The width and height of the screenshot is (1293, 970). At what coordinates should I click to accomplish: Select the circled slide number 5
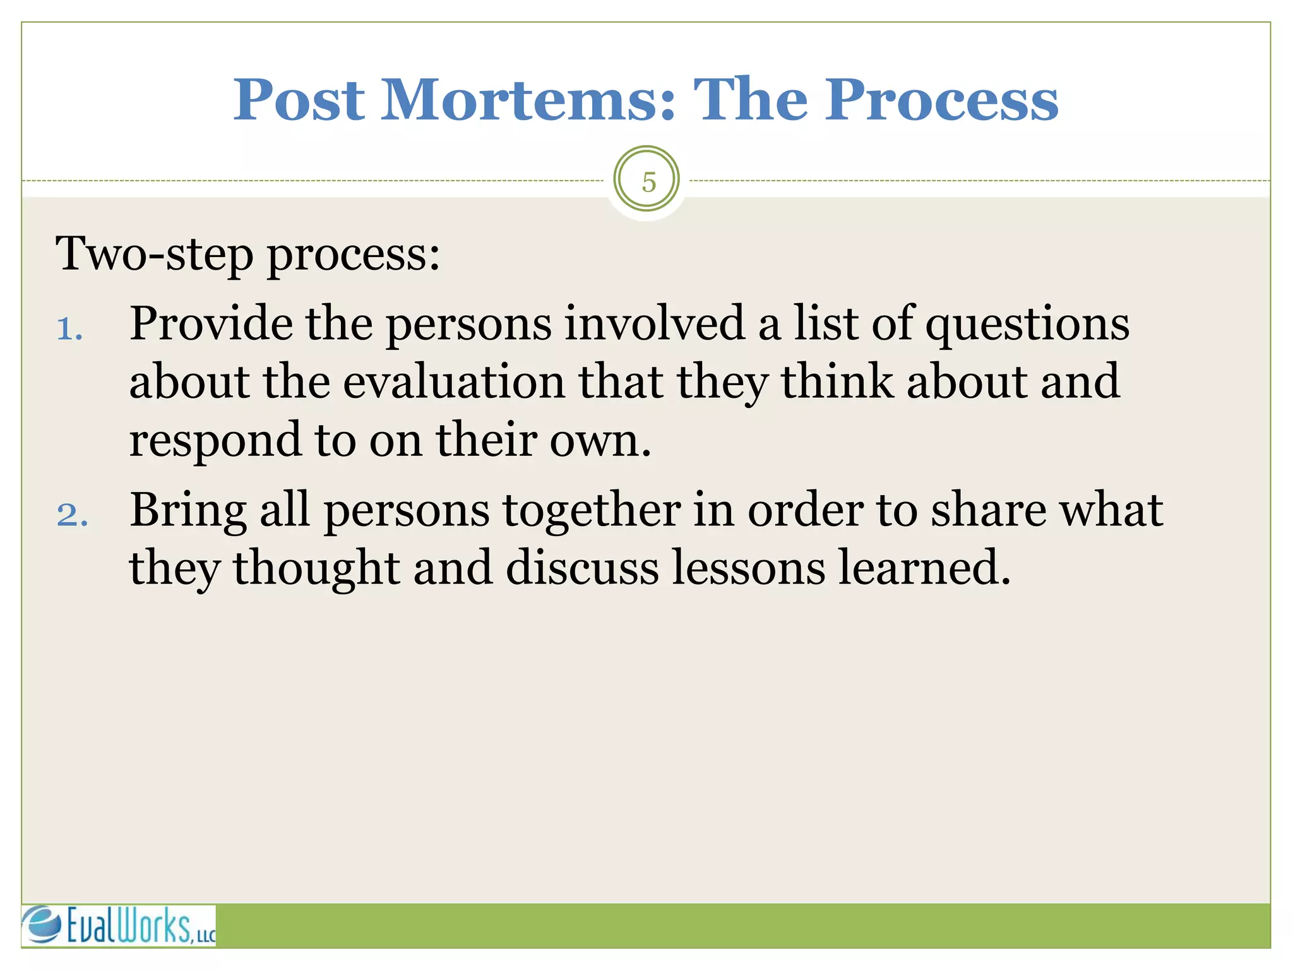pos(647,181)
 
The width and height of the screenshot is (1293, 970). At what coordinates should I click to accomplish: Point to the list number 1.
pos(69,329)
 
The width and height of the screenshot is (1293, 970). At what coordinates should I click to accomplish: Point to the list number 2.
pos(71,515)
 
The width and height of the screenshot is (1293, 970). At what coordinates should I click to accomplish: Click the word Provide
pos(211,323)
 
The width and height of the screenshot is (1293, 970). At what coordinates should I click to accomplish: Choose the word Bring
pos(188,510)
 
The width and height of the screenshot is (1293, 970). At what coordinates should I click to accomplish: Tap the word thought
pos(316,568)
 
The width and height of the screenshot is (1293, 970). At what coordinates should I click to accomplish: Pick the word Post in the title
pos(299,100)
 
